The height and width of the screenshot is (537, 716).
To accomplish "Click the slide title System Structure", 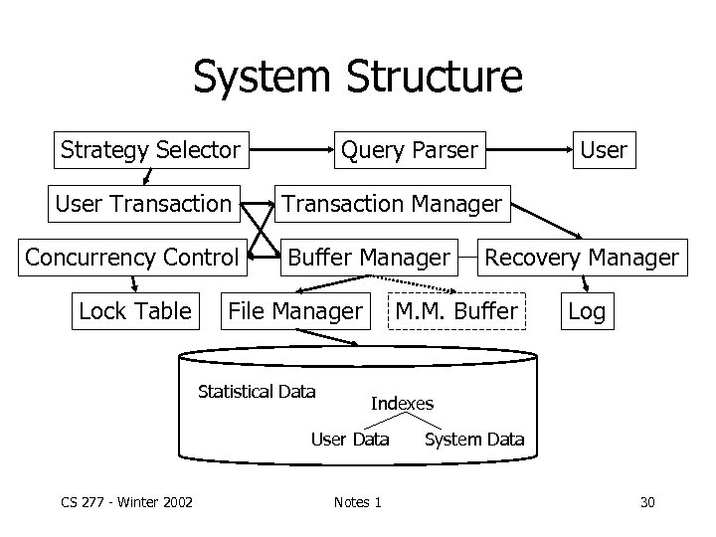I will coord(357,77).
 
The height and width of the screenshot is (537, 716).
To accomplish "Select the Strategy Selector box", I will coord(150,150).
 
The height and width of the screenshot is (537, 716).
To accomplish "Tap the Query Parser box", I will coord(409,150).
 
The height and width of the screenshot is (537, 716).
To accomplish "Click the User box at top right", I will coord(603,150).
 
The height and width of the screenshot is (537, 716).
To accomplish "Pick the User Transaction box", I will coord(143,204).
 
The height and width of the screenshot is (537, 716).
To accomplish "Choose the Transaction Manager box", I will coord(392,204).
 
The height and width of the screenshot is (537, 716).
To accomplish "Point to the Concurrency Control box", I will coord(132,258).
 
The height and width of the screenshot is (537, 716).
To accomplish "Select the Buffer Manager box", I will coord(368,258).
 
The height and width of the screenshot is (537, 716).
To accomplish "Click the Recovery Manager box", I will coord(581,258).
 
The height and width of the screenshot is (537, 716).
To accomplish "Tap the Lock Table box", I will coord(134,311).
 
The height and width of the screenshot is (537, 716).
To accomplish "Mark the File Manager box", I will coord(295,311).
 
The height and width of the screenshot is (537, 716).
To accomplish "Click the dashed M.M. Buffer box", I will coord(455,311).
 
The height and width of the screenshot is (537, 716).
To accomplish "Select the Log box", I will coord(586,311).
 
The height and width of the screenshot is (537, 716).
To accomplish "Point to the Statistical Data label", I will coord(257,391).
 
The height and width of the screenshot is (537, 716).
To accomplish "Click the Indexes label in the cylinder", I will coord(402,403).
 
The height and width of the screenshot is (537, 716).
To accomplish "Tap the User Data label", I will coord(350,439).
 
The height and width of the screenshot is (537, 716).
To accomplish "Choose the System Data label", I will coord(473,439).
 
